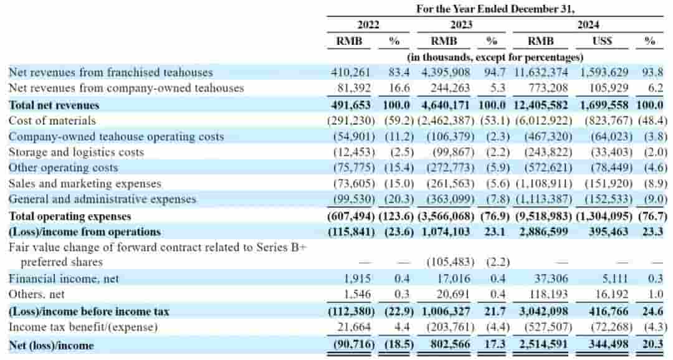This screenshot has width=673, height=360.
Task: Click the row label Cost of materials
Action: (x=52, y=120)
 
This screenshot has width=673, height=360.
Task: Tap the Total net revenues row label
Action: (x=54, y=105)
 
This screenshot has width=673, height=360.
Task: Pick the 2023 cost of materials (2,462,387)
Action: (x=445, y=120)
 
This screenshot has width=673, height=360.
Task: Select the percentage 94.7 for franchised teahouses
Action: (x=491, y=72)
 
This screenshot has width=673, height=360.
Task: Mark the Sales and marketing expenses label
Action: (x=85, y=184)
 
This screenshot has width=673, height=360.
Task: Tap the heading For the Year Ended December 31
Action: (x=495, y=9)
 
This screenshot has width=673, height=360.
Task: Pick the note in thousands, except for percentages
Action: (x=495, y=57)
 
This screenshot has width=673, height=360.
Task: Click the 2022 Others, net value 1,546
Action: (x=358, y=294)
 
